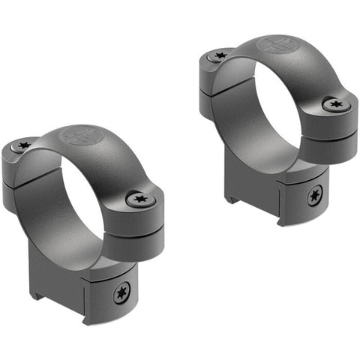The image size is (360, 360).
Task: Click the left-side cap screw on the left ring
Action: (x=25, y=145)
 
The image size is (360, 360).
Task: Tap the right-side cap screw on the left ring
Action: (x=139, y=199)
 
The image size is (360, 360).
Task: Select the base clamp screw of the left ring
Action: (x=120, y=293)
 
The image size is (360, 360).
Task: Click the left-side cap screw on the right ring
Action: (x=220, y=55)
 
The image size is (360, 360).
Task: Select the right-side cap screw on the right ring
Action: (x=333, y=104)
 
